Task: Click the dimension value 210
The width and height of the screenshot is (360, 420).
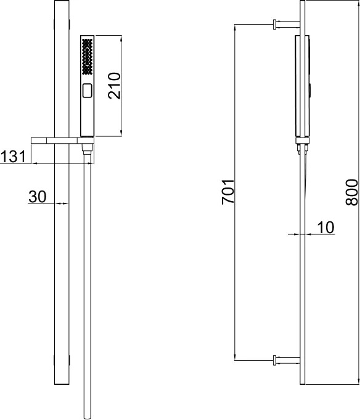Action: point(115,86)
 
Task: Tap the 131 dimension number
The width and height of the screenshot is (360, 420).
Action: point(13,157)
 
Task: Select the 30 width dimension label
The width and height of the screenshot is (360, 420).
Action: point(38,197)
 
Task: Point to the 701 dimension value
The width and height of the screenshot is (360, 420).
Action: point(228,192)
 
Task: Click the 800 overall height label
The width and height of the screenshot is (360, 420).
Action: point(351,192)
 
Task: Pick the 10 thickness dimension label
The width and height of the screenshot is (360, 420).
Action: point(325,228)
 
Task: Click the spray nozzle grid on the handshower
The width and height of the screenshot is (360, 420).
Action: point(88,57)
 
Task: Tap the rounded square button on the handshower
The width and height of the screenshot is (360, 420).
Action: point(88,91)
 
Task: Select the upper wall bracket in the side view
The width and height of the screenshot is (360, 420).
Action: point(287,24)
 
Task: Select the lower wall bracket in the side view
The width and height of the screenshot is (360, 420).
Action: point(287,360)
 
